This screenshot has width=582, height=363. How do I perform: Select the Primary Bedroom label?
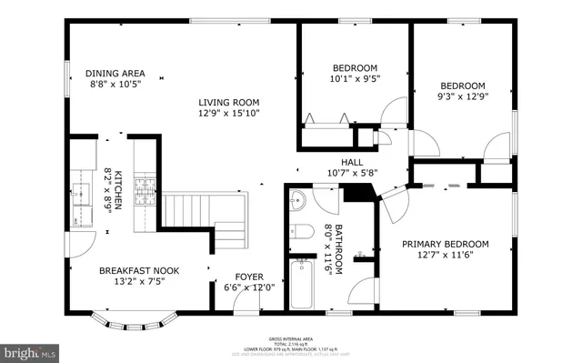pos(446,244)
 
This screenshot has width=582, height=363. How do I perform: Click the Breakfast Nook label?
pos(134,270)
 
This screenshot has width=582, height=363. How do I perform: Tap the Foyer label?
pos(249,277)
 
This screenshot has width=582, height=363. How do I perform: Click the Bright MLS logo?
pos(31,350)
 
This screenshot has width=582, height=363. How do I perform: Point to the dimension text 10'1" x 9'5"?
pos(354,79)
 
